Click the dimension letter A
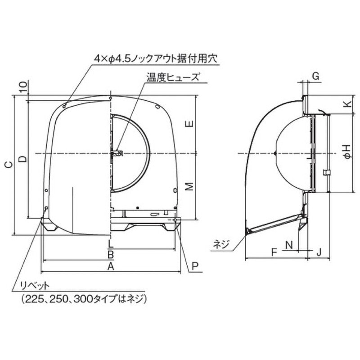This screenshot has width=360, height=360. (x=110, y=267)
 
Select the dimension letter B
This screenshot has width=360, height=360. (x=110, y=255)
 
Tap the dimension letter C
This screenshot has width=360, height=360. (x=8, y=165)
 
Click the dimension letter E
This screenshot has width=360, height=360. (x=190, y=124)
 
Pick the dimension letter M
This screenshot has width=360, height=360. (x=190, y=186)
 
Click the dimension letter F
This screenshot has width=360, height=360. (x=274, y=252)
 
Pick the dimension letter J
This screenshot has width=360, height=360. (x=318, y=252)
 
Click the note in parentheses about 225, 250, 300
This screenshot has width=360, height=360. (x=84, y=298)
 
